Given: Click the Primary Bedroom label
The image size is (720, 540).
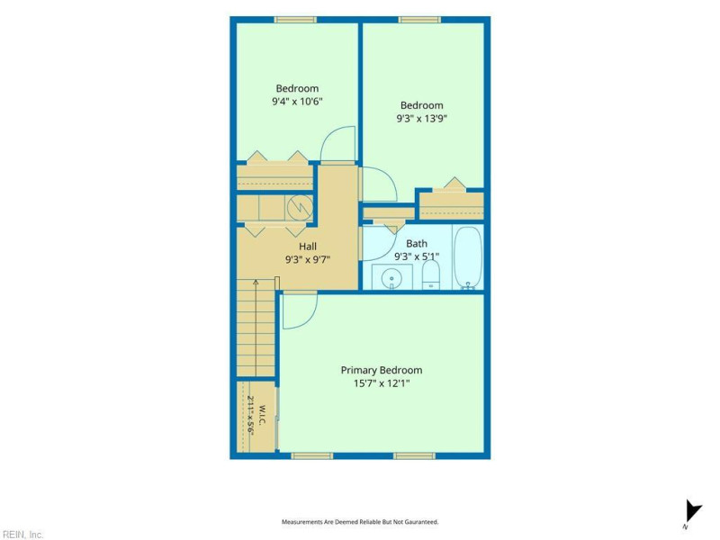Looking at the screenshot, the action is coord(381,370).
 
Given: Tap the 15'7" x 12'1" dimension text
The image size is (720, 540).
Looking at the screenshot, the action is coord(381,383).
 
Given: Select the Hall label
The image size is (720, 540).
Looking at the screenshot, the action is coord(308,247).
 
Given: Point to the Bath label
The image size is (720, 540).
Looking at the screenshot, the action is coord(417,243).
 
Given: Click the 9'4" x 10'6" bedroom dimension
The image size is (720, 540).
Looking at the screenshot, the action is coord(297,101).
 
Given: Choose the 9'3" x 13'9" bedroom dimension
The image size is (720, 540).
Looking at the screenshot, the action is coord(421,119).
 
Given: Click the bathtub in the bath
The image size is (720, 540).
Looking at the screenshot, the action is coord(468,257).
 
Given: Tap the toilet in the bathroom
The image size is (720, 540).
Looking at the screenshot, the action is coord(431,275).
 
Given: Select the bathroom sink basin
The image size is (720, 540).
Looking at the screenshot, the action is coord(391,278).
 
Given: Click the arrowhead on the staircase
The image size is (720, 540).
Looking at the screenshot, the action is coord(256,282).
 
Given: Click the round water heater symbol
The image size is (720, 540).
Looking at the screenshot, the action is coord(300,208).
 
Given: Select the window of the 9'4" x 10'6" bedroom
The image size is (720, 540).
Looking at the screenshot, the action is coord(295,20).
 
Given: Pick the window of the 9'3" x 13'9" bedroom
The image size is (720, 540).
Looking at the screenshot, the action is coord(419,20).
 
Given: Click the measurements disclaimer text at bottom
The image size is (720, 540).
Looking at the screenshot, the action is coord(360,522).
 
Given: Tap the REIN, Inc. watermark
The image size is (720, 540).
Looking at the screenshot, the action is coord(22,535).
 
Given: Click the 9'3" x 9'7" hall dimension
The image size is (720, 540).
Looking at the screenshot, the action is coord(308,260).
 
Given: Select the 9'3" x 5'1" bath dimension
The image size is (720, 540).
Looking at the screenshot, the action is coord(417,256).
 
